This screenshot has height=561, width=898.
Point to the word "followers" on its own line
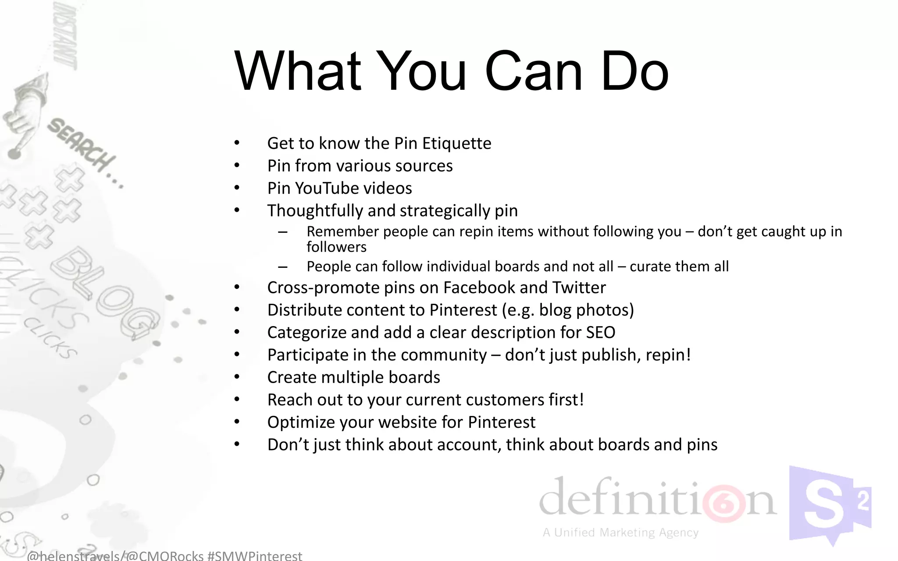tap(336, 247)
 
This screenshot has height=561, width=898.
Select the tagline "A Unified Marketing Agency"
tap(620, 533)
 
